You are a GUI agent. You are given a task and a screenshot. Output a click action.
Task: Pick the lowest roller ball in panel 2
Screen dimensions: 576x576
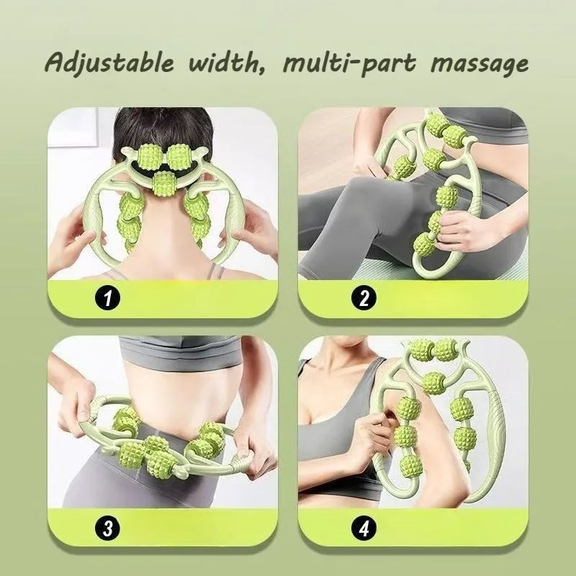coord(423,248)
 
